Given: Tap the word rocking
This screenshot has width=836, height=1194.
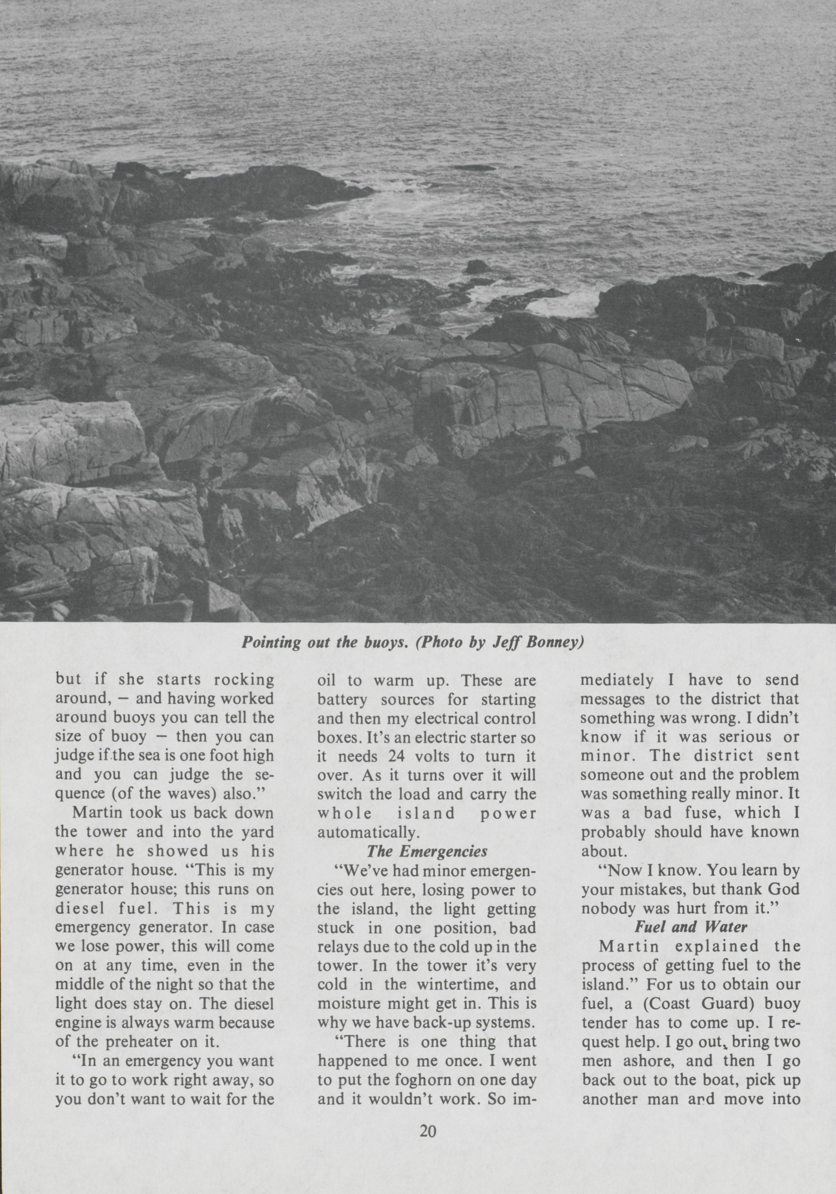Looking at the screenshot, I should (245, 681).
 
